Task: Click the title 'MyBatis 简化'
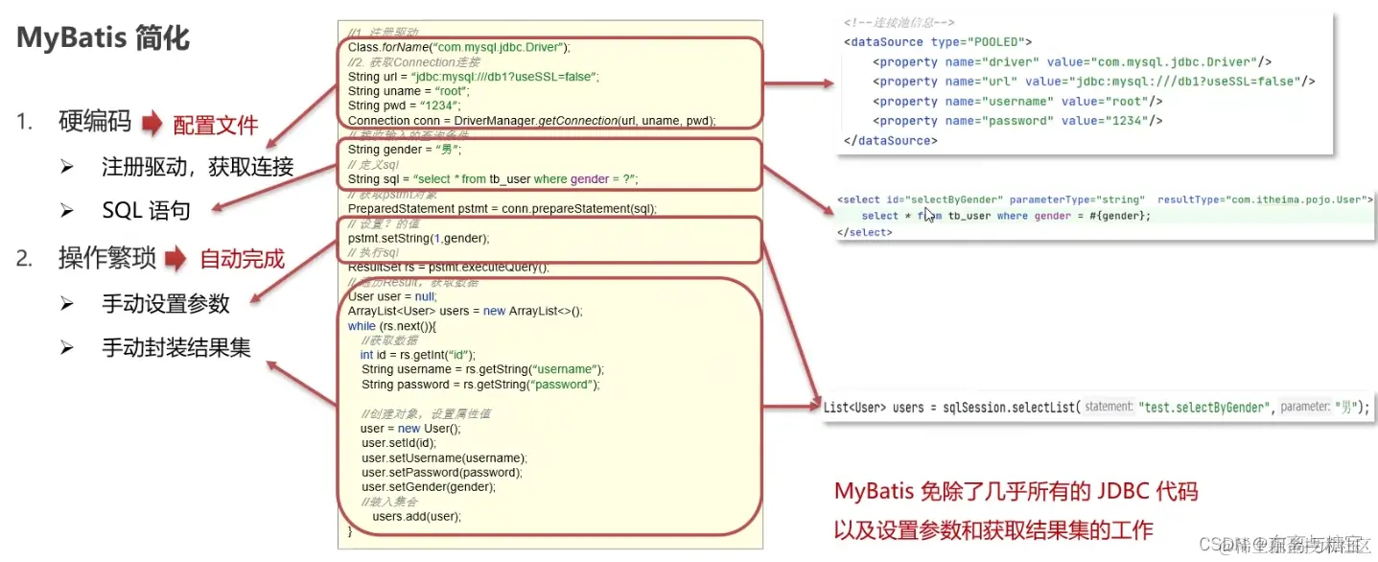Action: (104, 39)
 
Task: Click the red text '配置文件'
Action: (216, 125)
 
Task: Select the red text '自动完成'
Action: (243, 259)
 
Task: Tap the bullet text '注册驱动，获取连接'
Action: (198, 167)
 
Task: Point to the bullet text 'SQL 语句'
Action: (146, 211)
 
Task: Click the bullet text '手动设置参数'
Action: (166, 304)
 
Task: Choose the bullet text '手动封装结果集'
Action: (176, 348)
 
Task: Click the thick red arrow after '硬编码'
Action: (153, 124)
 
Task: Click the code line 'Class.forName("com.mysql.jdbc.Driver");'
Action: (459, 47)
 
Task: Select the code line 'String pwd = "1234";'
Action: (405, 105)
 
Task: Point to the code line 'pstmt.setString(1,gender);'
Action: (418, 238)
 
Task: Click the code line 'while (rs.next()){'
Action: (392, 326)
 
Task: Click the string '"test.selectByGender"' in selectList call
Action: (1203, 407)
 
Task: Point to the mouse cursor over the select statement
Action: (928, 215)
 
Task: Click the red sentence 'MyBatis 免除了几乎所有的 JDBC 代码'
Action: (1016, 492)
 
